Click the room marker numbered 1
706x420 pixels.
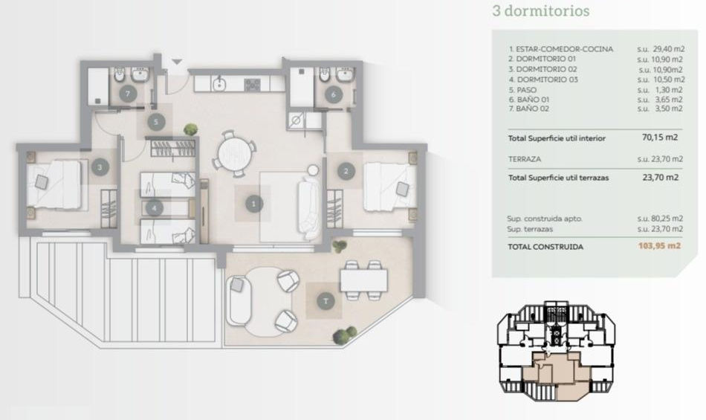tap(254, 204)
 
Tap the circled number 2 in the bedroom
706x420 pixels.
tap(346, 171)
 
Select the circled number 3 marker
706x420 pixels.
tap(100, 167)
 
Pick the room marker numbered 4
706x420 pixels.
tap(155, 208)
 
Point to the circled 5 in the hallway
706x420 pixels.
tap(156, 122)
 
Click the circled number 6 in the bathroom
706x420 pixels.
tap(334, 94)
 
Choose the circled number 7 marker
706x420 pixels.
tap(128, 94)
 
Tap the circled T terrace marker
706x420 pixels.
tap(326, 301)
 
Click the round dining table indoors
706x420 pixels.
tap(233, 154)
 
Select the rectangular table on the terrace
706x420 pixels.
tap(364, 280)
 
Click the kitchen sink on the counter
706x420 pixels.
tap(219, 84)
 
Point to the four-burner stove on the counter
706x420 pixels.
tap(252, 84)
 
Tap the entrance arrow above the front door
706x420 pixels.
tap(177, 62)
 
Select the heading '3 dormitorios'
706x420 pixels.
tap(541, 11)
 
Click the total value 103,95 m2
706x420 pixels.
tap(660, 246)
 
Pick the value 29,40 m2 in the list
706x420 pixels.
tap(668, 49)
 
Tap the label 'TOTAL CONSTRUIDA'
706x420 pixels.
tap(545, 247)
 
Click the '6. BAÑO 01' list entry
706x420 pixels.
tap(529, 100)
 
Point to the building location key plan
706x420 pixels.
tap(556, 351)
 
